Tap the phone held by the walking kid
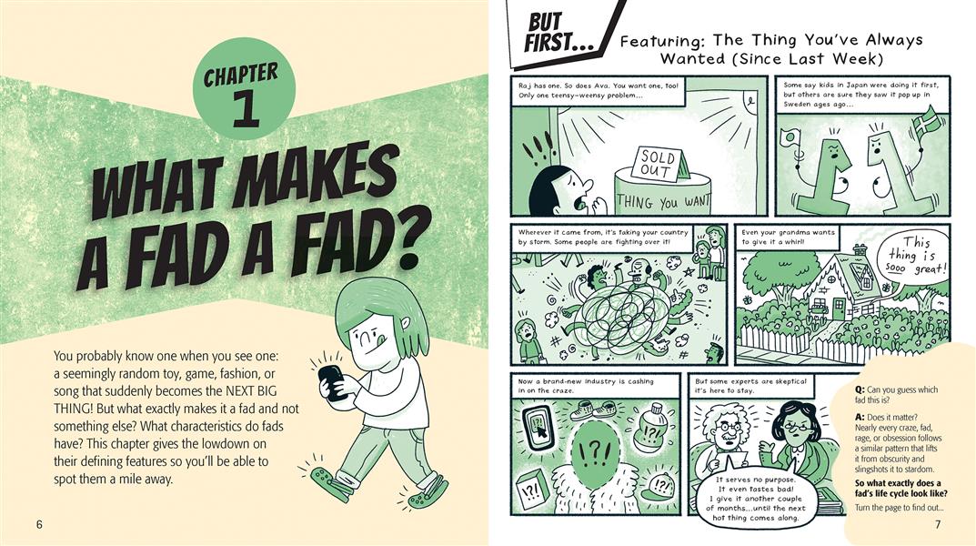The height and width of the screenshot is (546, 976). [332, 382]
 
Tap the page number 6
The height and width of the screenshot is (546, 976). [39, 524]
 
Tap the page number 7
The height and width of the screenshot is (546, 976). [938, 524]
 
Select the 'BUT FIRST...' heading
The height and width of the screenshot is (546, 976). [554, 33]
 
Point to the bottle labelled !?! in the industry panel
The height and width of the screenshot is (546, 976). [651, 427]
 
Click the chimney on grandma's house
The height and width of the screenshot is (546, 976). [860, 251]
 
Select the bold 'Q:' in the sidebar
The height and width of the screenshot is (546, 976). [860, 389]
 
